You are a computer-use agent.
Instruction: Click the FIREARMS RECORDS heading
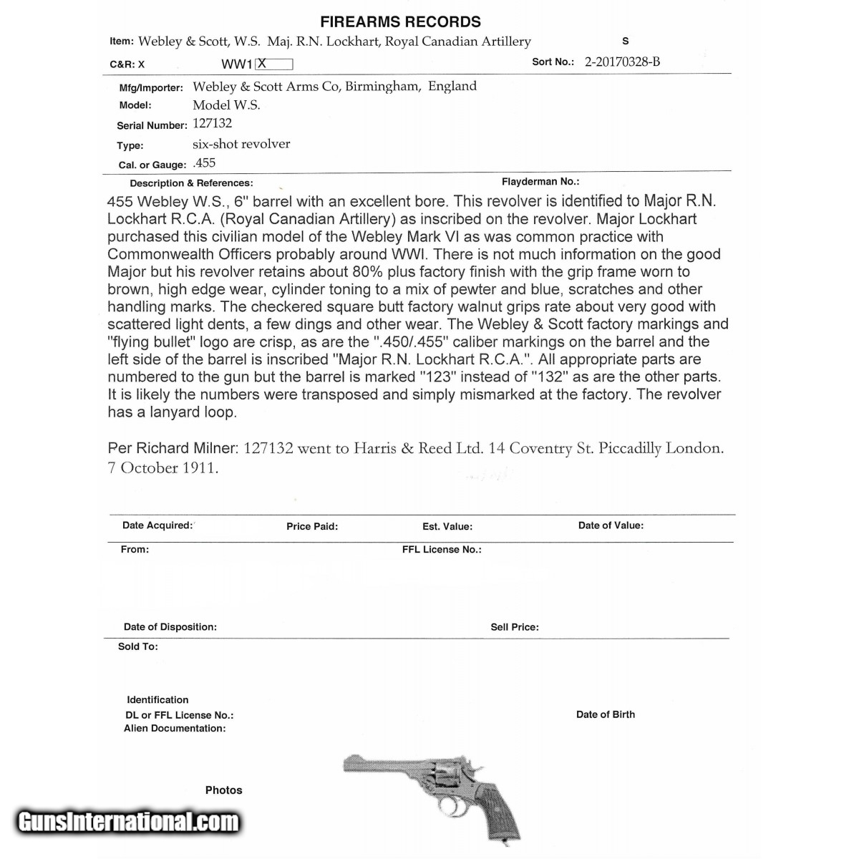point(400,21)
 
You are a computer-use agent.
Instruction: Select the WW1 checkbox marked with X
point(274,64)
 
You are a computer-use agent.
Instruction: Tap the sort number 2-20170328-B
point(622,62)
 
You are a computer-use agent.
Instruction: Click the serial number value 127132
point(212,123)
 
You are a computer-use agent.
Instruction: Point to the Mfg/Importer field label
point(151,88)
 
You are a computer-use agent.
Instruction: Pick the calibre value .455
point(204,163)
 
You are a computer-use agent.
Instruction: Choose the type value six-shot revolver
point(241,144)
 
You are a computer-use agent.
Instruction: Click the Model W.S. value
point(226,105)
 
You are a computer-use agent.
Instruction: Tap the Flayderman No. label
point(540,182)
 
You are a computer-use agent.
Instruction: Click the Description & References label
point(191,183)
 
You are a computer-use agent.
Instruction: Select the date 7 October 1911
point(163,468)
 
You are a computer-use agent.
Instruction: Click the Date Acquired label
point(157,525)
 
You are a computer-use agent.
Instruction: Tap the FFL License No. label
point(442,550)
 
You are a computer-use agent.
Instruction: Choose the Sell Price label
point(515,627)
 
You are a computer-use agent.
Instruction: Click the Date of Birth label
point(606,714)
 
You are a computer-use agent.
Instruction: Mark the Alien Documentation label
point(175,729)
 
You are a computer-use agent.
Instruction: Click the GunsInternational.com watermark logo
point(128,822)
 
